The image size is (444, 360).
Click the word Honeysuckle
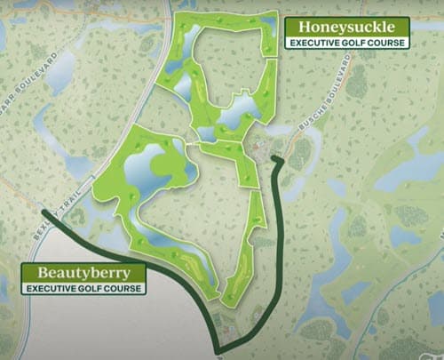[345, 26]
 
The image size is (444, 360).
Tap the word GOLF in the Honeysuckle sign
[354, 42]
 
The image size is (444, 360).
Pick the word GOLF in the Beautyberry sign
[93, 288]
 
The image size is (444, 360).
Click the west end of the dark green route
[43, 212]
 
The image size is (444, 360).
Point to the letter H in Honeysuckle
[303, 26]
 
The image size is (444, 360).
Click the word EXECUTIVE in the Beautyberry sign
[53, 288]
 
